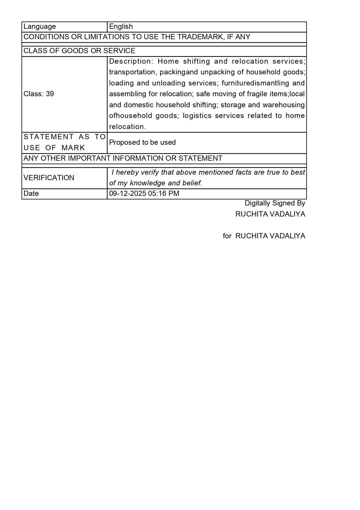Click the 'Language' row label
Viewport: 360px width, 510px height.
pyautogui.click(x=40, y=26)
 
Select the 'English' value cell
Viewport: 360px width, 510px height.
pyautogui.click(x=121, y=26)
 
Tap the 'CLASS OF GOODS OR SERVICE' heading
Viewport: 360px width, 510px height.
pyautogui.click(x=79, y=51)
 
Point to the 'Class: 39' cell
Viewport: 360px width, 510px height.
pyautogui.click(x=39, y=94)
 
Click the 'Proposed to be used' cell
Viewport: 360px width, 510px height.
pyautogui.click(x=142, y=142)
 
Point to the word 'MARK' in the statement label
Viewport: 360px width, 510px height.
pyautogui.click(x=73, y=148)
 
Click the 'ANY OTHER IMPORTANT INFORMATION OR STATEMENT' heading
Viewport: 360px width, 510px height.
pyautogui.click(x=123, y=158)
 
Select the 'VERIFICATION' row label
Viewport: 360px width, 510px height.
pyautogui.click(x=49, y=178)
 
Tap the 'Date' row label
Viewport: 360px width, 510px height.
pyautogui.click(x=31, y=194)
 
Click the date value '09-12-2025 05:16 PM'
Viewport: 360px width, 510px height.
pyautogui.click(x=144, y=194)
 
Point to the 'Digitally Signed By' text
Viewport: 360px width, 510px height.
pyautogui.click(x=275, y=203)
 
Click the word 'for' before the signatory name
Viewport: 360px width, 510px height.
pyautogui.click(x=227, y=236)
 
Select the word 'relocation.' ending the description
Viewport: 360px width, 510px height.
pyautogui.click(x=127, y=127)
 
